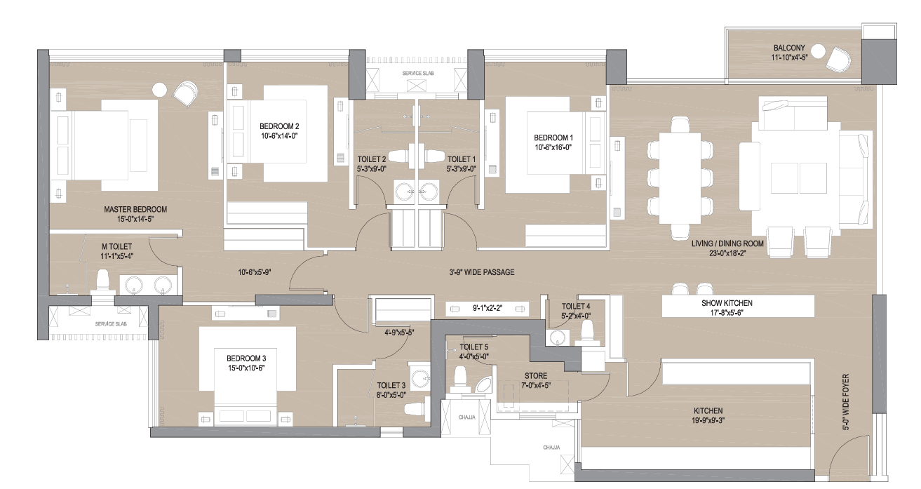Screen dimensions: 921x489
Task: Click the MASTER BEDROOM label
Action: tap(135, 209)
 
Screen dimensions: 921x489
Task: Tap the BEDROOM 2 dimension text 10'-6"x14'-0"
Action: tap(279, 136)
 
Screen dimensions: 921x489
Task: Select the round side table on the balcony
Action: tap(817, 52)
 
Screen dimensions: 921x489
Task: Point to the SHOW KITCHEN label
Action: tap(727, 303)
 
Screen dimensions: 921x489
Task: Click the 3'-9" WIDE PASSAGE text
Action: tap(481, 272)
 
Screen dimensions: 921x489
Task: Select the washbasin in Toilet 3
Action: tap(421, 377)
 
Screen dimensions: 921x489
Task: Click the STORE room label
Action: tap(536, 376)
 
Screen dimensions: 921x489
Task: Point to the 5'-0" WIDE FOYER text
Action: tap(846, 402)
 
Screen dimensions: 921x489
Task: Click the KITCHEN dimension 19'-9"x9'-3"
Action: tap(708, 420)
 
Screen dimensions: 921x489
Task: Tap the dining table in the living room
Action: tap(680, 177)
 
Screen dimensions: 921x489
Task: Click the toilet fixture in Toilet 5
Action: tap(459, 380)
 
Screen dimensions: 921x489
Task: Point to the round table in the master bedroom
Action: tap(159, 89)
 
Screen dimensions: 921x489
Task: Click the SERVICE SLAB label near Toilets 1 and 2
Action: tap(418, 73)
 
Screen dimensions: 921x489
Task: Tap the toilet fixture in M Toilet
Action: tap(102, 281)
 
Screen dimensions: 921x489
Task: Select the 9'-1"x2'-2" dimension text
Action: tap(488, 308)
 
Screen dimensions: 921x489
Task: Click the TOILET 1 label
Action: tap(462, 159)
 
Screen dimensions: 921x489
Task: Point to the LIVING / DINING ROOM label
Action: tap(727, 243)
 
